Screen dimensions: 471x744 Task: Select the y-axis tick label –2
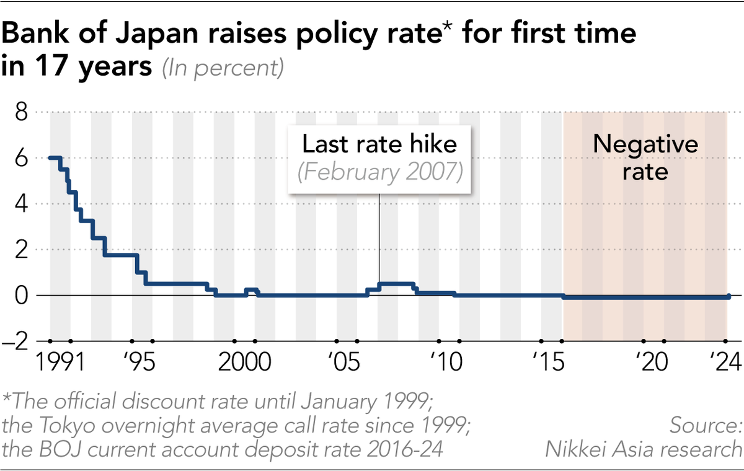pos(17,341)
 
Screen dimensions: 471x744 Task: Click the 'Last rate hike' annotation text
pos(379,144)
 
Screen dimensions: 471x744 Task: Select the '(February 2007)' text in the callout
pos(379,172)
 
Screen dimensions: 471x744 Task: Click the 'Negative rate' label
pos(645,157)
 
